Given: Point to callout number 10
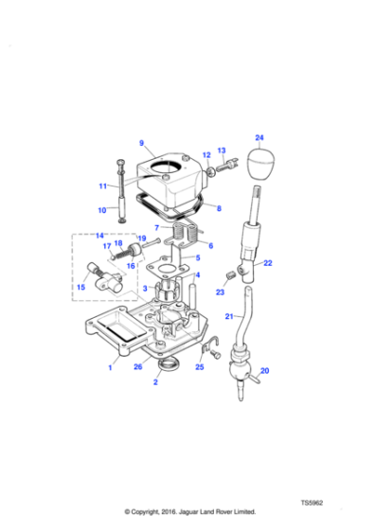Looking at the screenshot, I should tap(103, 211).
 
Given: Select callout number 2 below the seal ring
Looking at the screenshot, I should tap(155, 384).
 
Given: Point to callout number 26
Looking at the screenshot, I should tap(137, 365).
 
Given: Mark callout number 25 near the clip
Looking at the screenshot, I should tap(200, 365).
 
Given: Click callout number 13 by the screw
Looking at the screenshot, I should tap(223, 150).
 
